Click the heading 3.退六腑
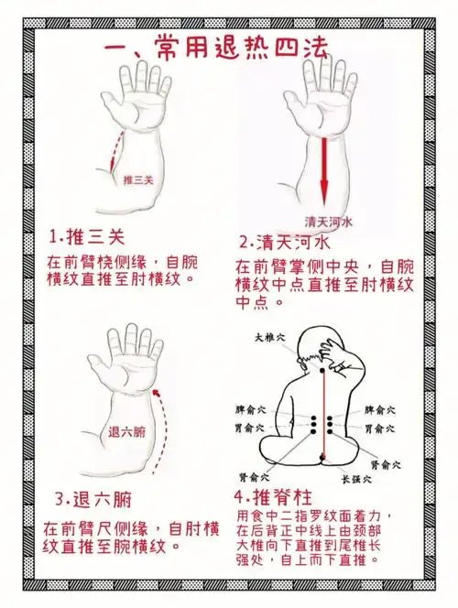coord(92,500)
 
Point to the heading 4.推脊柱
coord(276,498)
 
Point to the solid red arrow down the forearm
coord(323,169)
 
